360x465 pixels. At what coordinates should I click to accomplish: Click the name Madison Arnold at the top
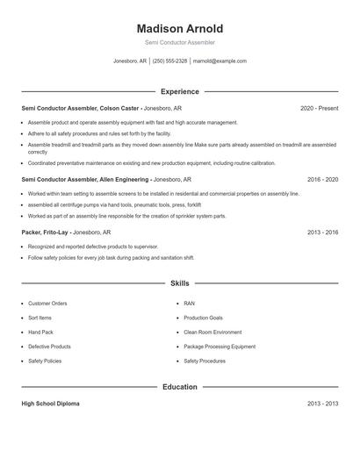(x=180, y=28)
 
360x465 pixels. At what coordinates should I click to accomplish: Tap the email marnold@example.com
(x=220, y=61)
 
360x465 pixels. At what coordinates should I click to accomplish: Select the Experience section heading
(x=180, y=91)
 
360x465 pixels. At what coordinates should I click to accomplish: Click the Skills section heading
(x=180, y=283)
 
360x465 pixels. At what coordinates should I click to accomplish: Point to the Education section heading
(x=180, y=386)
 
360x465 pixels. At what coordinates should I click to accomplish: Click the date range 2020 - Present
(x=319, y=108)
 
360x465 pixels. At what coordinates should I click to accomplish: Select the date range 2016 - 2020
(x=322, y=179)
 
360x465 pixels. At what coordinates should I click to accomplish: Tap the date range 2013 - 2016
(x=322, y=232)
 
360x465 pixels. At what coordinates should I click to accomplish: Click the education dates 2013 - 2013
(x=322, y=404)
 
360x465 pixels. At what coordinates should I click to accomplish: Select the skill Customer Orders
(x=47, y=304)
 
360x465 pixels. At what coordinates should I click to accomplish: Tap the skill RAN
(x=189, y=304)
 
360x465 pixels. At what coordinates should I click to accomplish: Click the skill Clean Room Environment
(x=212, y=333)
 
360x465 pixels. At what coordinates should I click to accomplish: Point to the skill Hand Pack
(x=40, y=333)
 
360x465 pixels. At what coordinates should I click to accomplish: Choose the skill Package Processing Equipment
(x=220, y=347)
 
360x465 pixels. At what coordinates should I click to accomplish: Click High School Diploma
(x=50, y=404)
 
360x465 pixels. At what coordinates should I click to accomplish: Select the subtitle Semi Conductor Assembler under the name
(x=180, y=42)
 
